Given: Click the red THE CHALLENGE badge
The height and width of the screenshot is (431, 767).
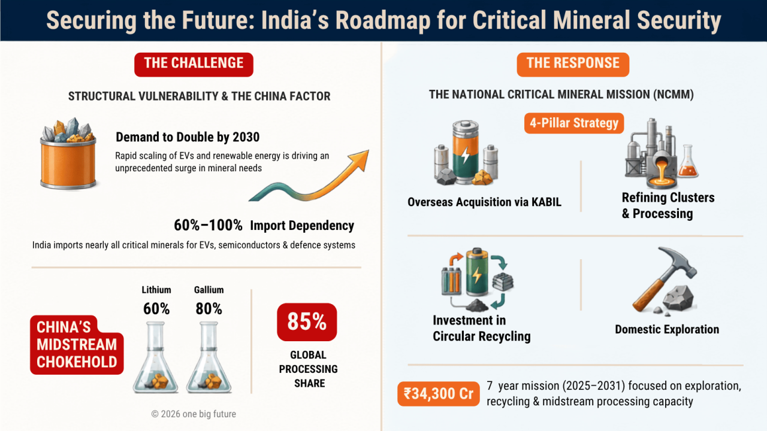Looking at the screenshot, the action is pos(194,64).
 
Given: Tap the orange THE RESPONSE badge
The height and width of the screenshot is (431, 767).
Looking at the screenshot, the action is pos(573,64).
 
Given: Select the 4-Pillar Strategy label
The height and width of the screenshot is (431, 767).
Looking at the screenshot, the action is pos(574,123).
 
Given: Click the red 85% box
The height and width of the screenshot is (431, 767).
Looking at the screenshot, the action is pos(307,322).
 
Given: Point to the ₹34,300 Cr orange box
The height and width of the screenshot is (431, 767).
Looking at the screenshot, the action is pos(438,394).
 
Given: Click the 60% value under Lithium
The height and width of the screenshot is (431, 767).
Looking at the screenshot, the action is pos(156,308).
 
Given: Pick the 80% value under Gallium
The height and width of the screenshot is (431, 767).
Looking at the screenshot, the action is pos(209,308).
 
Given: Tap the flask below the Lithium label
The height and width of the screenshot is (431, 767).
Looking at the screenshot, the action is pos(156,357).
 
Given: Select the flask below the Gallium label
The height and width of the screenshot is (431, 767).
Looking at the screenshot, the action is pos(209,357).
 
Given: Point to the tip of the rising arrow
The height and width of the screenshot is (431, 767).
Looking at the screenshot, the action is pos(369,150).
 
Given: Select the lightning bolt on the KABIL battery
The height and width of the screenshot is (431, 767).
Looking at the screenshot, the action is pos(465,156).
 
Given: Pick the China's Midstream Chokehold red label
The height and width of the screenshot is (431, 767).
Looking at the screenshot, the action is pos(77,345).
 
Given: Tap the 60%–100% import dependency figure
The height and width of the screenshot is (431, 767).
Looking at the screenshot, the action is pos(208,226).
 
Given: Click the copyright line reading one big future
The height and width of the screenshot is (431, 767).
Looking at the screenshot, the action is pos(194,414).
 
